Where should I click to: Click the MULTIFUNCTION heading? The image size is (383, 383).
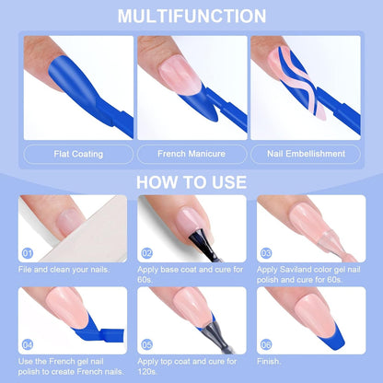click(x=191, y=16)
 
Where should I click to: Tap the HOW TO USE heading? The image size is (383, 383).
click(x=191, y=182)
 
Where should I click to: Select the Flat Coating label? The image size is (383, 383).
click(x=78, y=154)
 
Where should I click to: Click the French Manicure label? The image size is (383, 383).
click(x=191, y=154)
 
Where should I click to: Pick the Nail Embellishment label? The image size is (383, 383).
click(x=306, y=154)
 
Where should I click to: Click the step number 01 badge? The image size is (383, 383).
click(x=28, y=253)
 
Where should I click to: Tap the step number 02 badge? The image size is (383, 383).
click(x=146, y=253)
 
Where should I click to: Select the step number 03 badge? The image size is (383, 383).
click(x=266, y=253)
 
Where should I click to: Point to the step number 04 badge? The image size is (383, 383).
click(x=28, y=344)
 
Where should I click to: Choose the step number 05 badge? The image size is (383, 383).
click(x=146, y=344)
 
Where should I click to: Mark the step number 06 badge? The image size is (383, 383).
click(x=266, y=344)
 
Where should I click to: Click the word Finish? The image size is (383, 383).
click(x=269, y=361)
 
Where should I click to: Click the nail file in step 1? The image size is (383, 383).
click(x=89, y=233)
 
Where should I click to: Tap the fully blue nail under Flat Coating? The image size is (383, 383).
click(x=75, y=81)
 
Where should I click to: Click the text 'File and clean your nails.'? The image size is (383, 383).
click(x=64, y=270)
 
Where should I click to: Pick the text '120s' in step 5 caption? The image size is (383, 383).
click(x=147, y=372)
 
